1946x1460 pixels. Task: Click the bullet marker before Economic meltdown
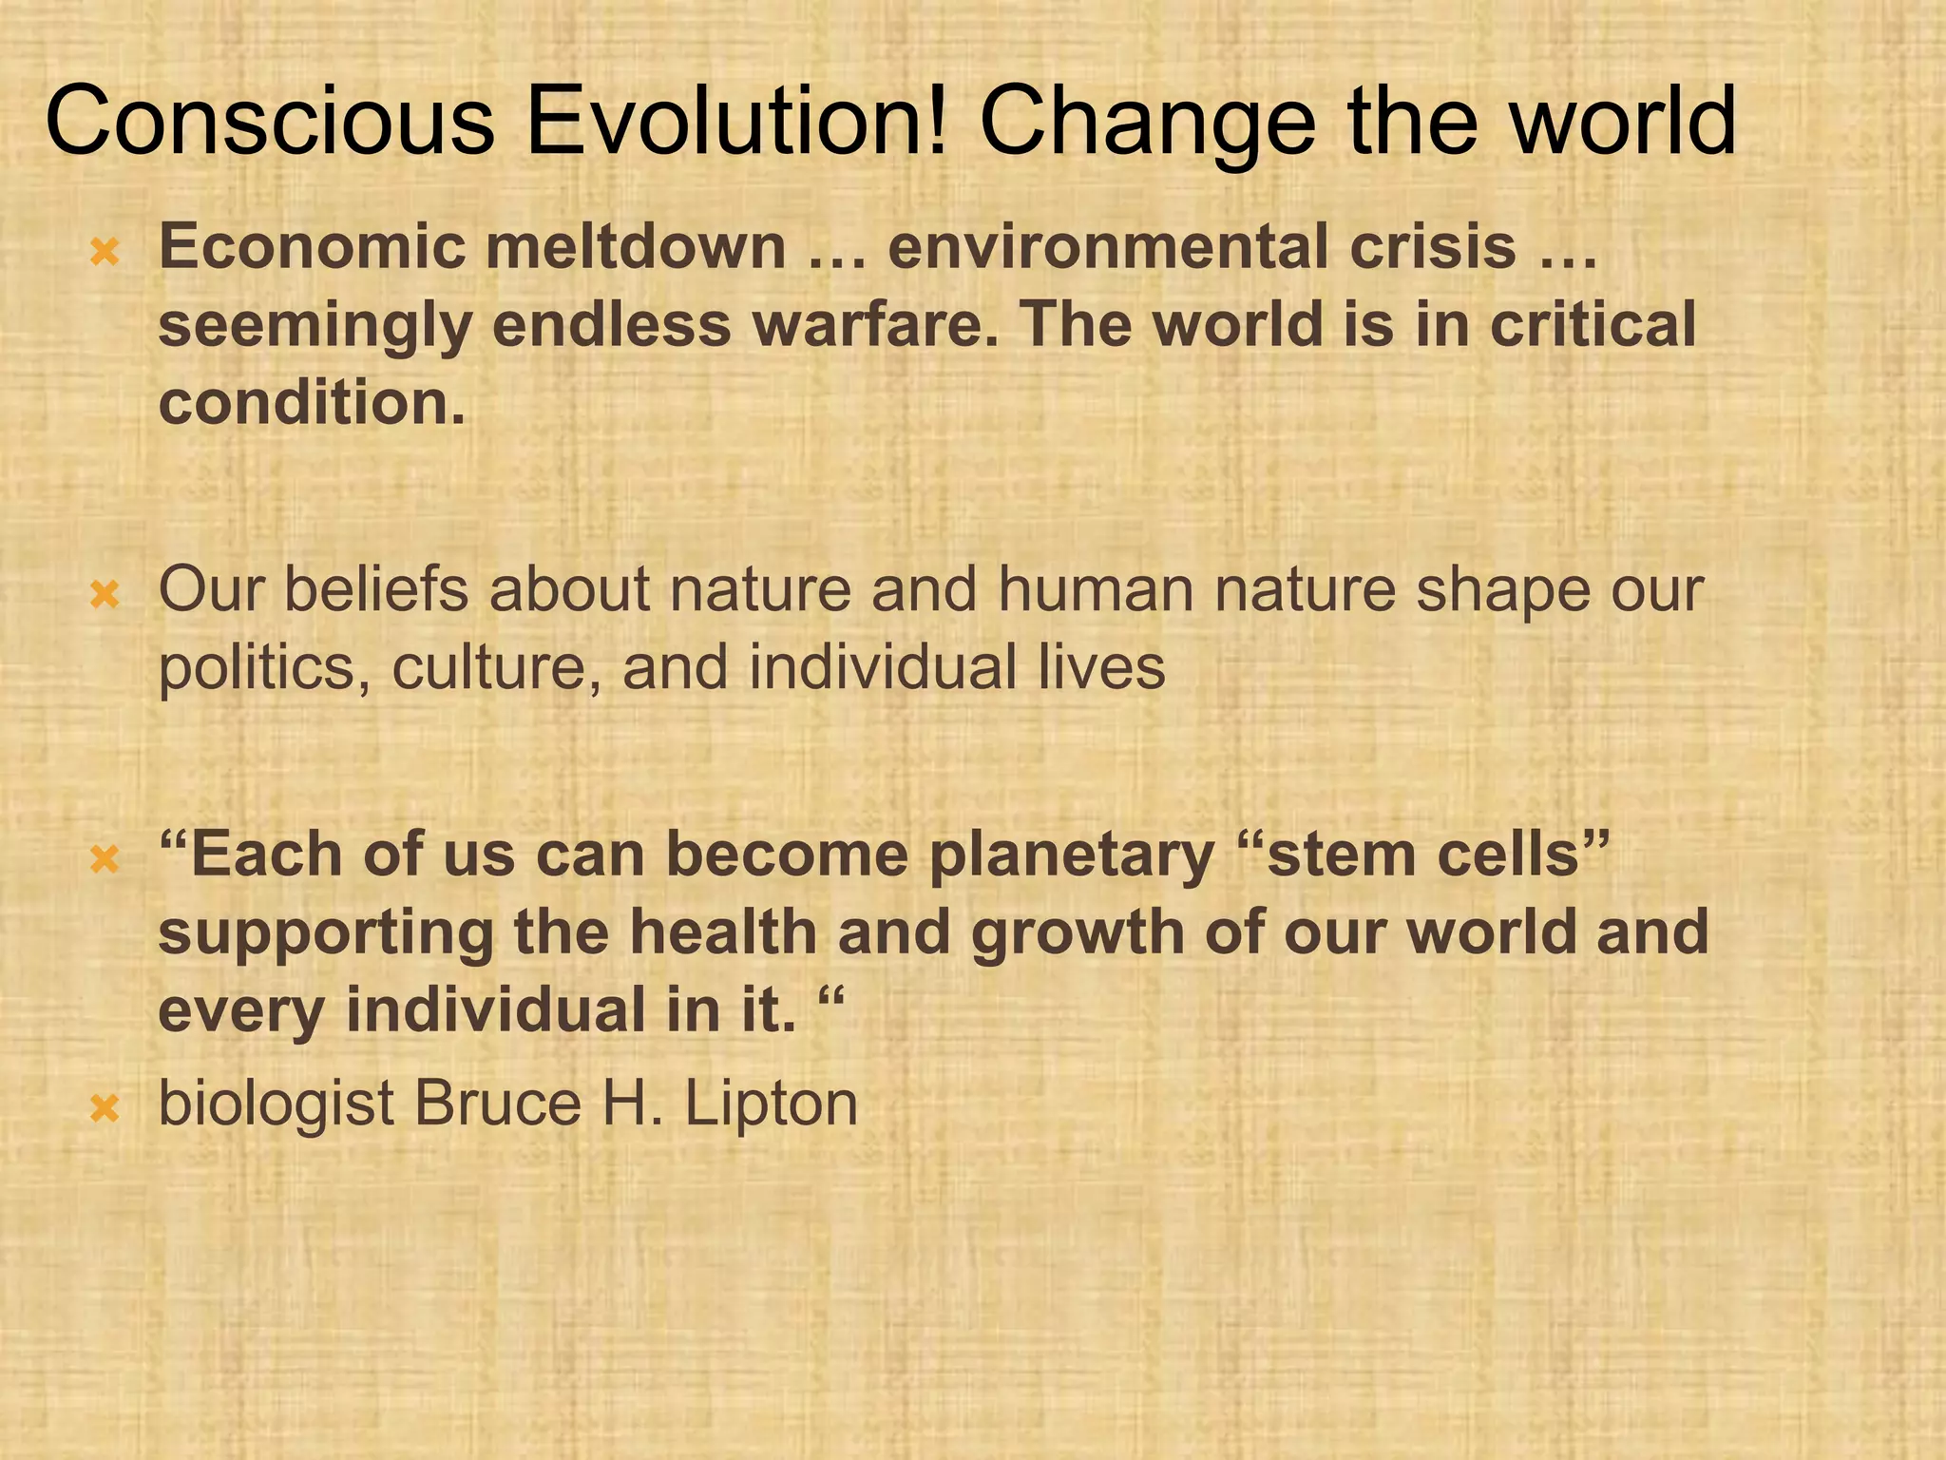click(x=104, y=252)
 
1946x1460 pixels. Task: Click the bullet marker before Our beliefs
click(x=104, y=596)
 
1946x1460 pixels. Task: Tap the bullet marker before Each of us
click(x=104, y=860)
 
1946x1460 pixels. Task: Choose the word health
click(x=722, y=932)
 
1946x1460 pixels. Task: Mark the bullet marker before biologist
click(x=104, y=1108)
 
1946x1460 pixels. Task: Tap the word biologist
click(x=276, y=1105)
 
